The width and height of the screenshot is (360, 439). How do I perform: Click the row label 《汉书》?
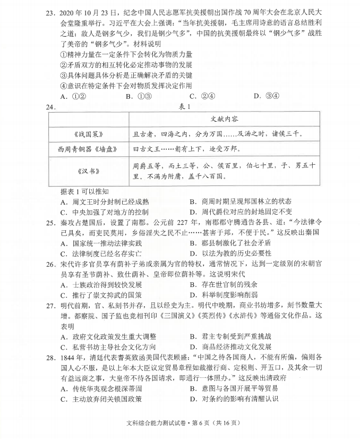tap(85, 171)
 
